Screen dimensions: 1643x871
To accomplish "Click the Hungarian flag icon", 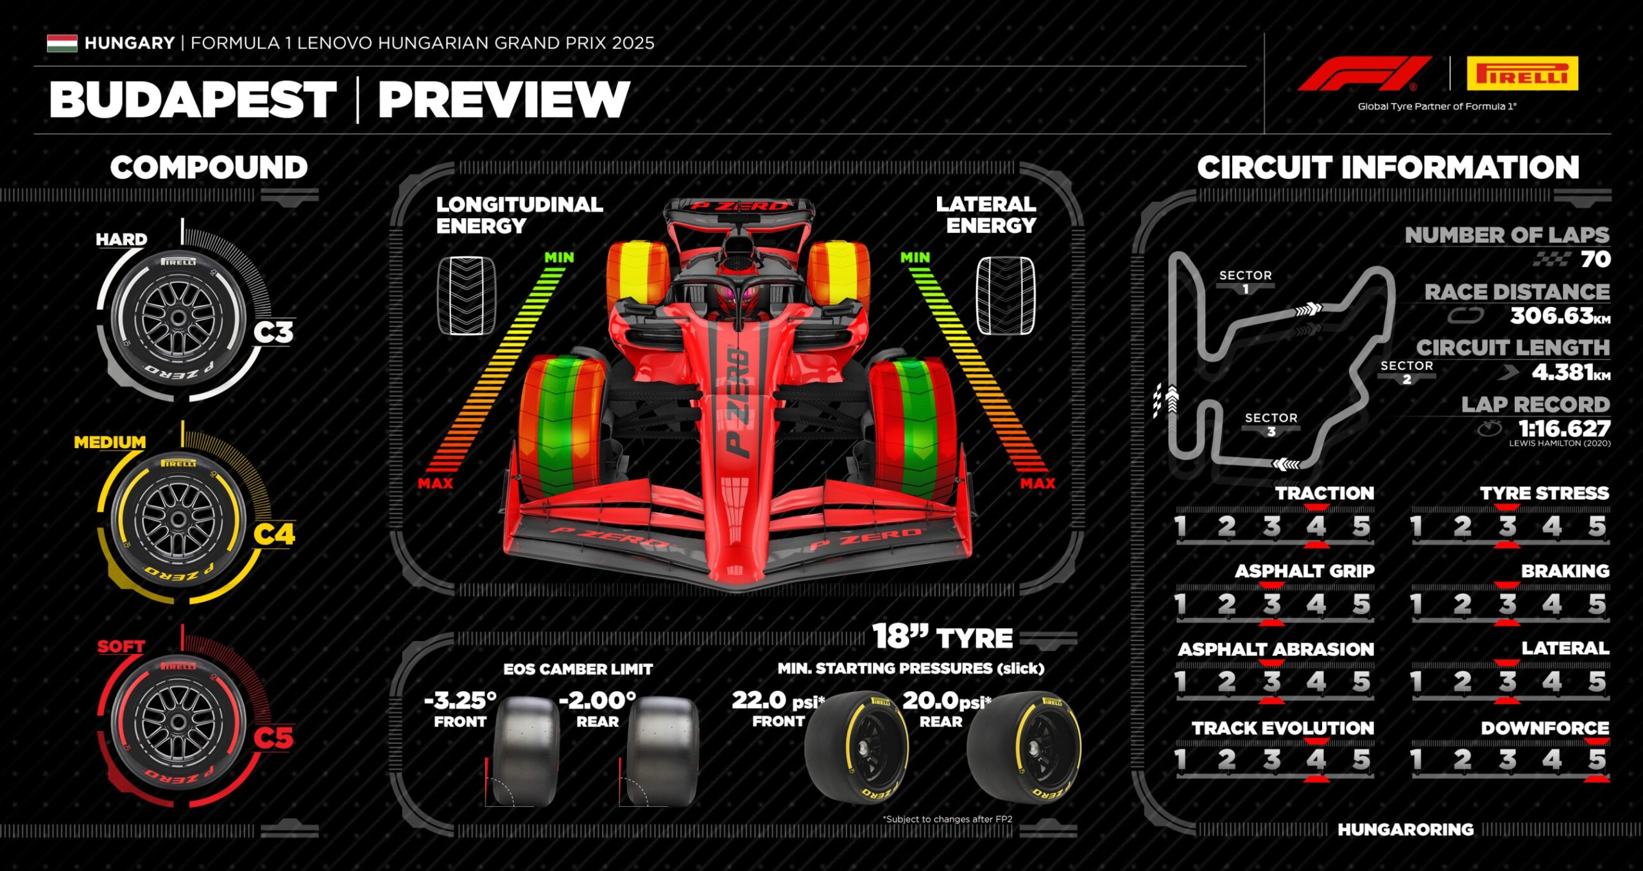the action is tap(62, 43).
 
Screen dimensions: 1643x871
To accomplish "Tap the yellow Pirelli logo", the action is tap(1522, 73).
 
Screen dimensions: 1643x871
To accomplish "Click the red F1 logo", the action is tap(1364, 73).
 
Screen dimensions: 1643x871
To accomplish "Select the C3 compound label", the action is tap(273, 332).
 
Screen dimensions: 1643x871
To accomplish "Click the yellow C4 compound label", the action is tap(274, 534).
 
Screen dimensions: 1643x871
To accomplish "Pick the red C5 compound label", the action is tap(273, 737).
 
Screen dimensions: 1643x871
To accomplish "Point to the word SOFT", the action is tap(121, 646).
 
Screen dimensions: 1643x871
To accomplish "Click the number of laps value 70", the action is tap(1596, 259).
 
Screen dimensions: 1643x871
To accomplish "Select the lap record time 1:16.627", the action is tap(1564, 428).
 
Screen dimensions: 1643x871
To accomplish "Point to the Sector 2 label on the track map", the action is tap(1407, 372).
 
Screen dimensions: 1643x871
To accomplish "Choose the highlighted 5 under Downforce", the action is tap(1597, 760).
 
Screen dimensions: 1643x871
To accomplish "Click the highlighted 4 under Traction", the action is tap(1316, 526).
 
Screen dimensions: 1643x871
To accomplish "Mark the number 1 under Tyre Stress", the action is tap(1416, 526).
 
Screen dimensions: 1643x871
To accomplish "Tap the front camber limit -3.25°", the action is tap(460, 700).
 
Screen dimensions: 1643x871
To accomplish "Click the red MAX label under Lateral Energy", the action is tap(1037, 483).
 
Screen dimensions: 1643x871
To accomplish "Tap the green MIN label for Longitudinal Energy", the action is tap(559, 257).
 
